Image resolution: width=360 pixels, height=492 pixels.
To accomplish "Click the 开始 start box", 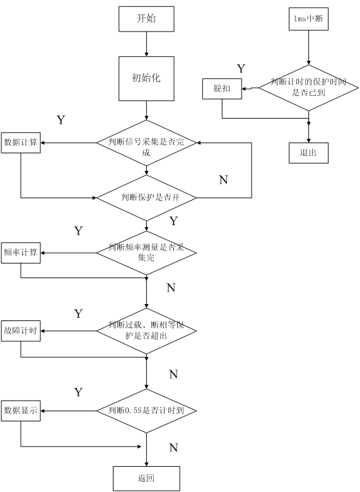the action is [x=146, y=19].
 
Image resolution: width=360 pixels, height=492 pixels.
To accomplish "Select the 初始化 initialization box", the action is [x=146, y=78].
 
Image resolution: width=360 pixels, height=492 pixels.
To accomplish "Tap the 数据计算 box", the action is [x=21, y=143].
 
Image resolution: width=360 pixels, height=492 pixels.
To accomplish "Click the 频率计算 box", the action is [x=21, y=253].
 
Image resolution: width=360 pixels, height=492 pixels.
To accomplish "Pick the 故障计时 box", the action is [x=21, y=331].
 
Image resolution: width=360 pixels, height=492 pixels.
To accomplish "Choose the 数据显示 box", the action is [x=21, y=411].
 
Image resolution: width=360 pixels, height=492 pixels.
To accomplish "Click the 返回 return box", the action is [x=146, y=479].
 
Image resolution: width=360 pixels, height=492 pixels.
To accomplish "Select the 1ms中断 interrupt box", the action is [x=308, y=19].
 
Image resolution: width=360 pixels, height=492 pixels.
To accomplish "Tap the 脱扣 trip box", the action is [x=222, y=89].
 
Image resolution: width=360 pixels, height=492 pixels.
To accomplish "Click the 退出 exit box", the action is [x=308, y=153].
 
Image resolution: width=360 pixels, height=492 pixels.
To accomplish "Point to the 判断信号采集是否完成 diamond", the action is [x=146, y=143].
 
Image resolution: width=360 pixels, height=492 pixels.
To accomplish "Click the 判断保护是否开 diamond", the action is [x=146, y=198].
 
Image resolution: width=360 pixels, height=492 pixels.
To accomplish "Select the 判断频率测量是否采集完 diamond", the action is [x=146, y=253].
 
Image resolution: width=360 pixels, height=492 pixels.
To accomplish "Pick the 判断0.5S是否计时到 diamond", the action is [x=146, y=411].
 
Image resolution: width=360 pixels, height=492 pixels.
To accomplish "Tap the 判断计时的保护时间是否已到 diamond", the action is [x=308, y=88].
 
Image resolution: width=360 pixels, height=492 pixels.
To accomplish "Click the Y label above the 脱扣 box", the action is [x=241, y=69].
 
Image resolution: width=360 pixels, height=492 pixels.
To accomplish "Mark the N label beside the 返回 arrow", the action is [x=173, y=448].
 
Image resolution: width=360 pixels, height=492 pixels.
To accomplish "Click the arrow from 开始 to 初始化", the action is [x=146, y=44].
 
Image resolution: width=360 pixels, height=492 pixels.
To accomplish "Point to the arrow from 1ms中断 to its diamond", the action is [x=308, y=48].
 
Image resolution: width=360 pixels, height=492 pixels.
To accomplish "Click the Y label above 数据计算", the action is [x=61, y=120].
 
